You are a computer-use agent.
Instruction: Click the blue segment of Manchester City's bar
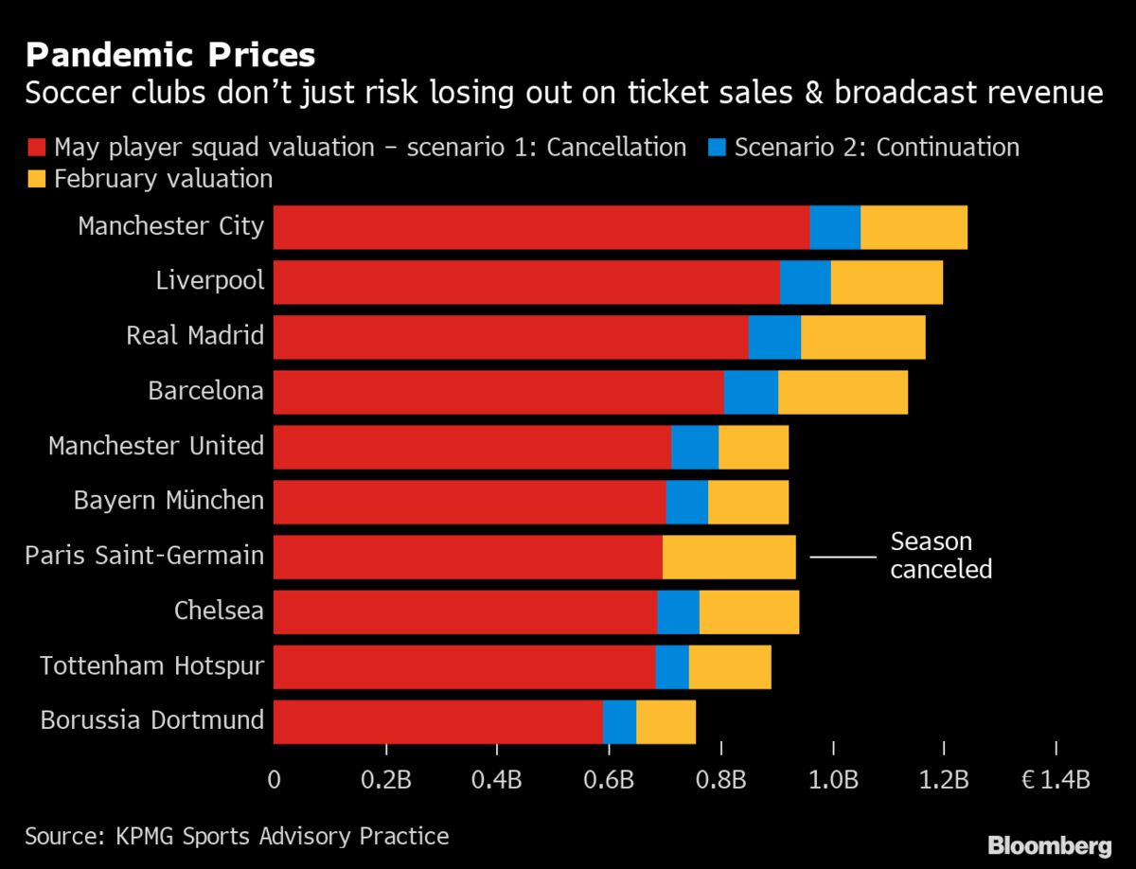835,227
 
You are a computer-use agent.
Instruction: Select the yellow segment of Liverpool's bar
887,282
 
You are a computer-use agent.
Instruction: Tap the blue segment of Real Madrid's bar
774,337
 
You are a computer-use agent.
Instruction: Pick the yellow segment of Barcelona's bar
843,392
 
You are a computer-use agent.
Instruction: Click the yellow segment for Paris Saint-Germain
729,556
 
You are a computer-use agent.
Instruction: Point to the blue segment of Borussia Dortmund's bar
619,721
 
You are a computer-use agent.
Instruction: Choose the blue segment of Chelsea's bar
678,611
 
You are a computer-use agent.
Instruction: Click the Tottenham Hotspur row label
151,666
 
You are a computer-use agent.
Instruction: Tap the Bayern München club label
169,501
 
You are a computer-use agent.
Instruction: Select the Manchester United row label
156,446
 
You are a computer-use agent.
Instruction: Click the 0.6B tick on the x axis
609,780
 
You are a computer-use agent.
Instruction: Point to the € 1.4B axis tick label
1056,780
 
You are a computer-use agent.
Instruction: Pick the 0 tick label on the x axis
275,780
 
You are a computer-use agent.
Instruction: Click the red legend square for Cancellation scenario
37,148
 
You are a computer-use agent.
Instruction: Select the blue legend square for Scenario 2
718,148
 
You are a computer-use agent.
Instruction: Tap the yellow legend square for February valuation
37,179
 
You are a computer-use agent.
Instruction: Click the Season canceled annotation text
941,556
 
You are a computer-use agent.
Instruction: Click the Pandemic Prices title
170,55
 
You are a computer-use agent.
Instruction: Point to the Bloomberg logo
1049,844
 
